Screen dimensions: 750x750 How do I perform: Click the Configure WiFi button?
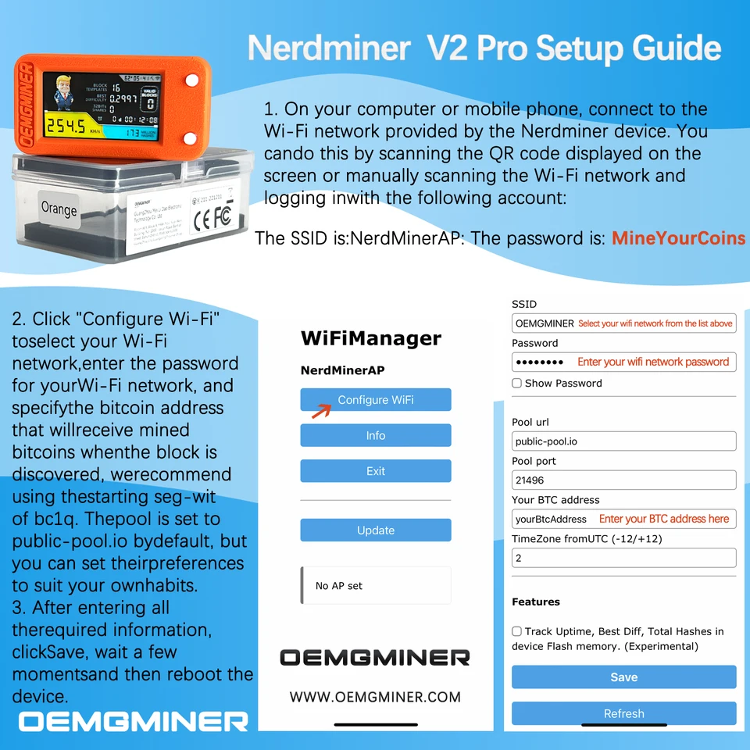(x=376, y=399)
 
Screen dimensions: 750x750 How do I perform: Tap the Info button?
(x=376, y=435)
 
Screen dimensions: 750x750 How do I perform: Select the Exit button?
(x=376, y=471)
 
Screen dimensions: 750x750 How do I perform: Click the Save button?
(x=623, y=677)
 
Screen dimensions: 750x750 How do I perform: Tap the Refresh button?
(x=623, y=713)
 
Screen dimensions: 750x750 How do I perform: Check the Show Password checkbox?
(x=516, y=384)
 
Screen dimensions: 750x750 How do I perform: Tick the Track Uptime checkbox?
(x=516, y=631)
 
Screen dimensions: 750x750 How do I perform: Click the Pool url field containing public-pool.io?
(x=623, y=441)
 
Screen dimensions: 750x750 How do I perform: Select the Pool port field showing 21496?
(x=623, y=480)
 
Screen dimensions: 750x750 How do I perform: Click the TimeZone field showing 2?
(x=623, y=558)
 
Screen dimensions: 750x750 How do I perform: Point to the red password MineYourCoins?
(x=678, y=238)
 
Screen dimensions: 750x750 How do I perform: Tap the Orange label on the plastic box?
(x=59, y=209)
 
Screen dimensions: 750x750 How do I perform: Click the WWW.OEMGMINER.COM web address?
(x=375, y=697)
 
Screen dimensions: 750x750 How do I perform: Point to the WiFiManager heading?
(x=371, y=338)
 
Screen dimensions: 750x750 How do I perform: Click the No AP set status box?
(x=376, y=585)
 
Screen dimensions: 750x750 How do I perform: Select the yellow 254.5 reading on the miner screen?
(x=65, y=127)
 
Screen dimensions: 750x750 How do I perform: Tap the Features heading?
(x=536, y=602)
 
